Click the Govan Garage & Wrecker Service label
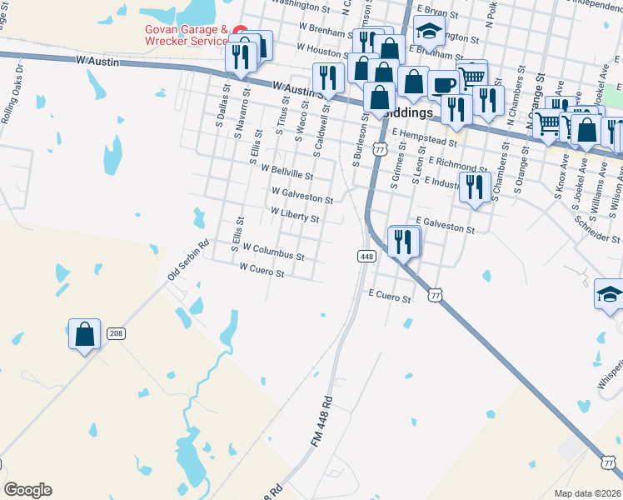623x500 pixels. pyautogui.click(x=186, y=33)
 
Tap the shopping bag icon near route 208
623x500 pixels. pyautogui.click(x=84, y=334)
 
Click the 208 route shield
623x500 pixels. pyautogui.click(x=116, y=333)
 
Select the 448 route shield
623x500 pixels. pyautogui.click(x=366, y=257)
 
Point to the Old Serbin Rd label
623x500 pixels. pyautogui.click(x=187, y=260)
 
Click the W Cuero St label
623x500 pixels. pyautogui.click(x=262, y=270)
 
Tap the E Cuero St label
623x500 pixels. pyautogui.click(x=391, y=297)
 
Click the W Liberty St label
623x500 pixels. pyautogui.click(x=294, y=214)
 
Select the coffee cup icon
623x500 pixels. pyautogui.click(x=443, y=84)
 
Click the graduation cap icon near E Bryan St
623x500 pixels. pyautogui.click(x=429, y=32)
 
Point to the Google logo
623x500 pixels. pyautogui.click(x=27, y=490)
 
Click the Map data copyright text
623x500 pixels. pyautogui.click(x=587, y=493)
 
